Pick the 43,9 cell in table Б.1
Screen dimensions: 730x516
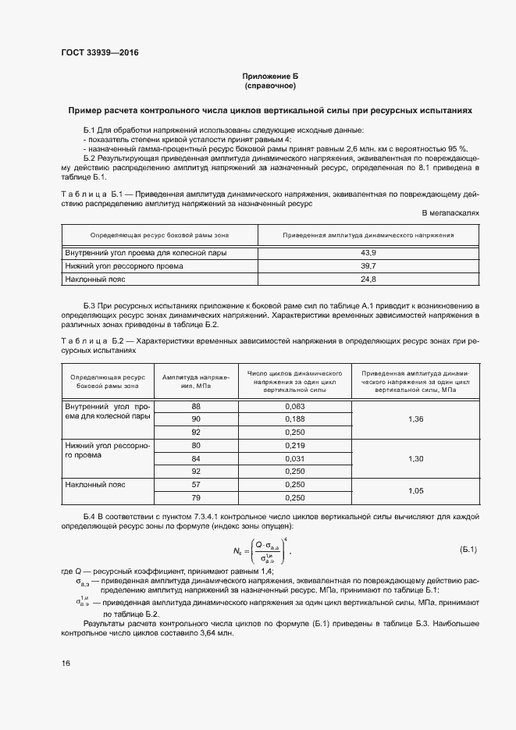[x=368, y=253]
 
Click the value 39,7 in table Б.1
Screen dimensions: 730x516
[x=368, y=265]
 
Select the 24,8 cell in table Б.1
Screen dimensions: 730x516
[x=368, y=279]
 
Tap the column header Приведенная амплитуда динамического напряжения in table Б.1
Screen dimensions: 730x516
[x=368, y=234]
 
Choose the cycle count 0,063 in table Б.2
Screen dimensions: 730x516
[x=295, y=407]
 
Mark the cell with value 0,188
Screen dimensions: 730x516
[x=295, y=419]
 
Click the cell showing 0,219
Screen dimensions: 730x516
[x=295, y=445]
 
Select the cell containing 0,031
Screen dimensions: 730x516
[x=295, y=458]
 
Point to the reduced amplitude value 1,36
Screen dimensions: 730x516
[x=415, y=419]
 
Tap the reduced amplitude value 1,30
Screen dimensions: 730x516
[x=415, y=458]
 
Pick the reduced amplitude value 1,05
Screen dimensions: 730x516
[x=415, y=490]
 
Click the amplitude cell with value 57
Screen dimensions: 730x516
[x=196, y=484]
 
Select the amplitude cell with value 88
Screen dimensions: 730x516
[x=196, y=407]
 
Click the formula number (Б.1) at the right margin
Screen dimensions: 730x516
[x=469, y=551]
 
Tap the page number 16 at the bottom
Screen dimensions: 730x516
[x=66, y=663]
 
